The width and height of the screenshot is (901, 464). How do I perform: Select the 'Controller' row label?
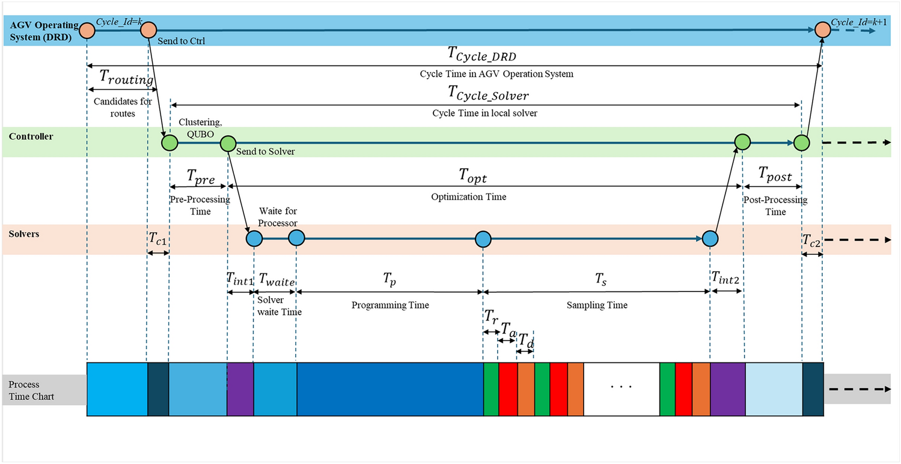pyautogui.click(x=31, y=136)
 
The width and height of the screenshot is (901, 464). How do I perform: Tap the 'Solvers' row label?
pyautogui.click(x=24, y=233)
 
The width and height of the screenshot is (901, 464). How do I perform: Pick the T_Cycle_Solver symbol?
pyautogui.click(x=488, y=94)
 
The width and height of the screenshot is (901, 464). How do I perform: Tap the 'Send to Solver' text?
pyautogui.click(x=265, y=151)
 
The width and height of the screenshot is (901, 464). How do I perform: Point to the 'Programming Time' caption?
pyautogui.click(x=390, y=305)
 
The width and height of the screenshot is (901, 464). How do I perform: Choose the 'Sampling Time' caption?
pyautogui.click(x=597, y=305)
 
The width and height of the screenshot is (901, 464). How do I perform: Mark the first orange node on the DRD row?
pyautogui.click(x=87, y=29)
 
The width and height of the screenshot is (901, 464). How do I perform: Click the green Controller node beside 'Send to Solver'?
pyautogui.click(x=228, y=143)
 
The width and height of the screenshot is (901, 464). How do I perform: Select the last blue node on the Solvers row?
pyautogui.click(x=710, y=238)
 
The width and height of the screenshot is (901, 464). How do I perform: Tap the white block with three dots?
pyautogui.click(x=621, y=389)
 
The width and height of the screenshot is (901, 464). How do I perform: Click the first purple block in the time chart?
pyautogui.click(x=240, y=389)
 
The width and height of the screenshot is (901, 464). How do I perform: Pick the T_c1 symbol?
pyautogui.click(x=157, y=239)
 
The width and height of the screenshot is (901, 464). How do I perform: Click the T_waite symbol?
pyautogui.click(x=276, y=279)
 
